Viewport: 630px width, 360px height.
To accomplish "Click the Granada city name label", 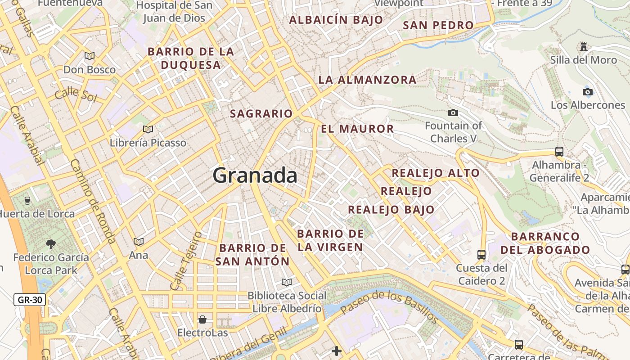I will point(255,175).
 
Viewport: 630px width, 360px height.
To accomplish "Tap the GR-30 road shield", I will point(30,300).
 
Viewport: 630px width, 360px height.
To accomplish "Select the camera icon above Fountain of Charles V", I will point(453,112).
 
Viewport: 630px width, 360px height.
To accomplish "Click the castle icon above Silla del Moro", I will point(584,46).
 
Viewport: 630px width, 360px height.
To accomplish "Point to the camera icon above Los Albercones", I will point(588,92).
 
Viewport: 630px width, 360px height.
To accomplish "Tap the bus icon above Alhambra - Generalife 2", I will point(559,152).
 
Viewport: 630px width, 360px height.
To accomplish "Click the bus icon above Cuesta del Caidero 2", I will point(481,255).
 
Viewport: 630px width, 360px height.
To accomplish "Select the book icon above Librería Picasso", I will point(148,130).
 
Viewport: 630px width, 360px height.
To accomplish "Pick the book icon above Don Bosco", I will point(90,56).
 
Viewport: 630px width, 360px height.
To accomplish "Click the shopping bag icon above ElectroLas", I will point(202,319).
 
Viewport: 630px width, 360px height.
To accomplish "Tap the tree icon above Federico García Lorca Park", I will point(51,244).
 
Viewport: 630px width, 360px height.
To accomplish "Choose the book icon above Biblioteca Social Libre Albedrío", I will point(286,282).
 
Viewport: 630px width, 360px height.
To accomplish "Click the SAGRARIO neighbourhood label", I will point(261,114).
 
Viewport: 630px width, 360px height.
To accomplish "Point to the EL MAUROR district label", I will point(357,129).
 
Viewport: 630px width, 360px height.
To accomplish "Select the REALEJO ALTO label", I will point(436,173).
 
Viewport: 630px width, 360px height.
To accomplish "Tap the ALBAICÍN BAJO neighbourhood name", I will point(336,20).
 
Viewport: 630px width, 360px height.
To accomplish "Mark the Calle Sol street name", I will point(75,95).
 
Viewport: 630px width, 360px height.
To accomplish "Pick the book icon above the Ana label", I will point(139,242).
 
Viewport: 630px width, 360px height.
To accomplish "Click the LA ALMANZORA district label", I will point(367,80).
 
